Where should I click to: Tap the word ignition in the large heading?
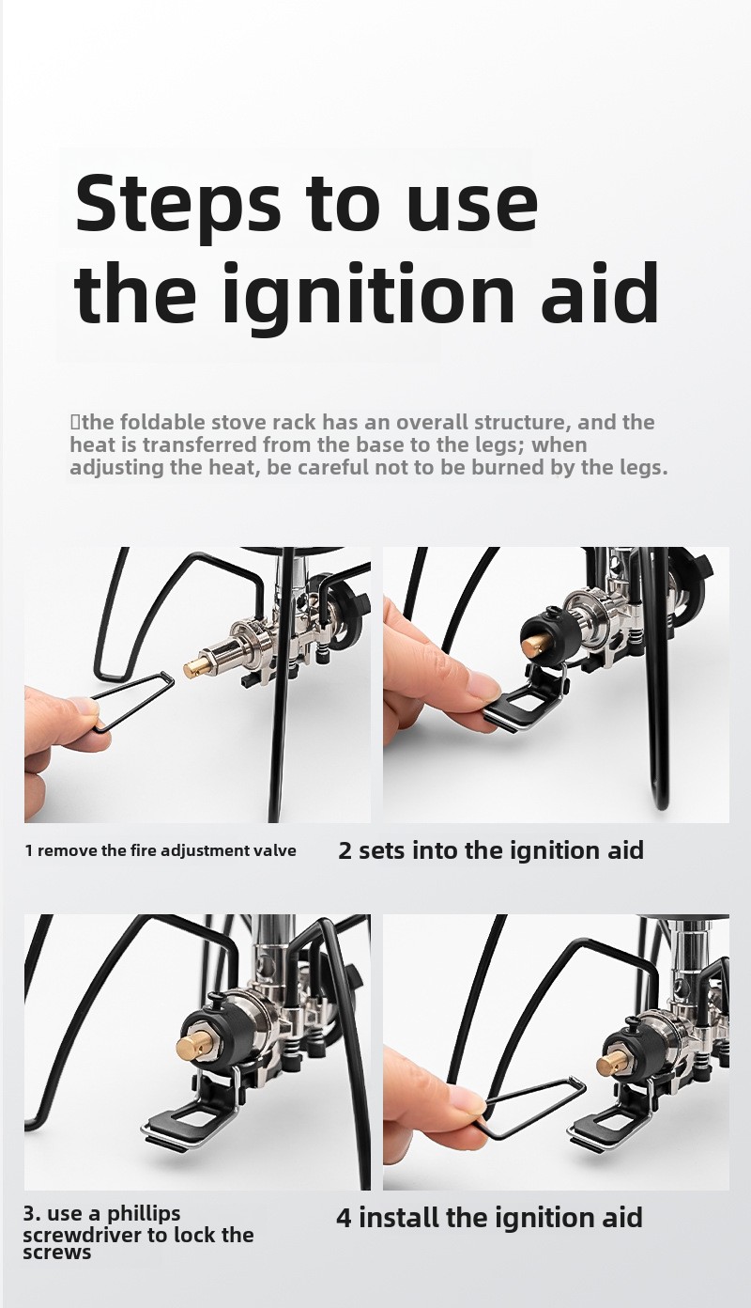tap(366, 294)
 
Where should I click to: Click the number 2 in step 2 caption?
tap(345, 851)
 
